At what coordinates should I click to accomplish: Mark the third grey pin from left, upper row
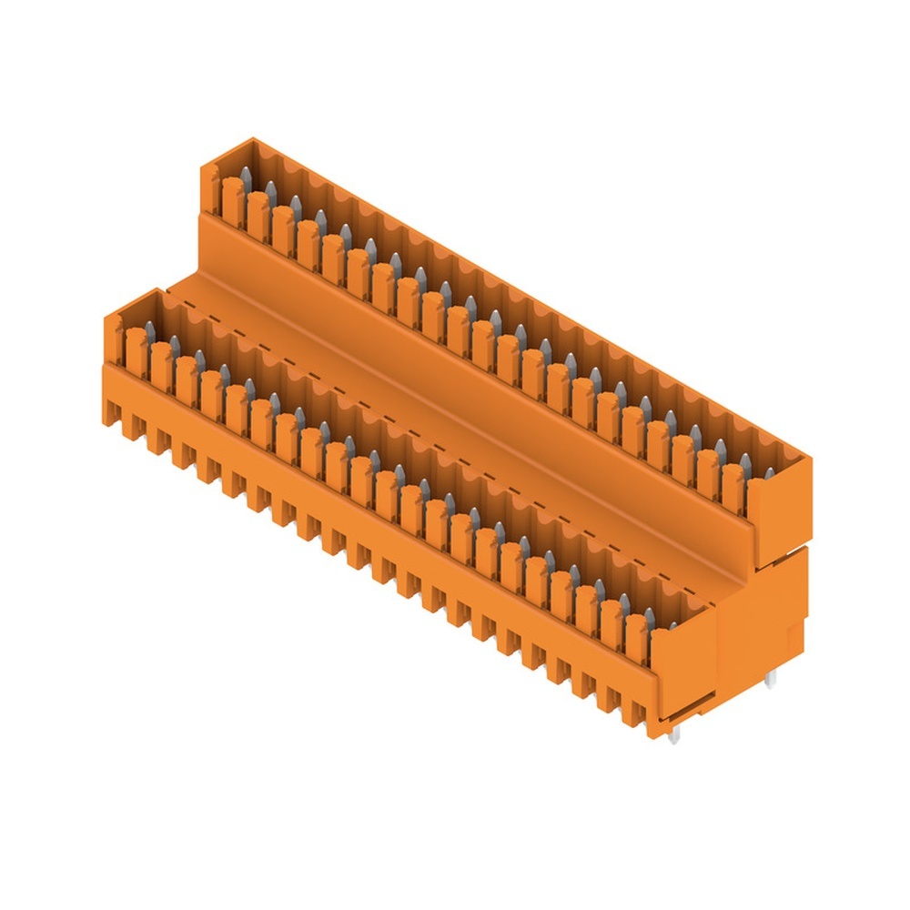(x=295, y=201)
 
